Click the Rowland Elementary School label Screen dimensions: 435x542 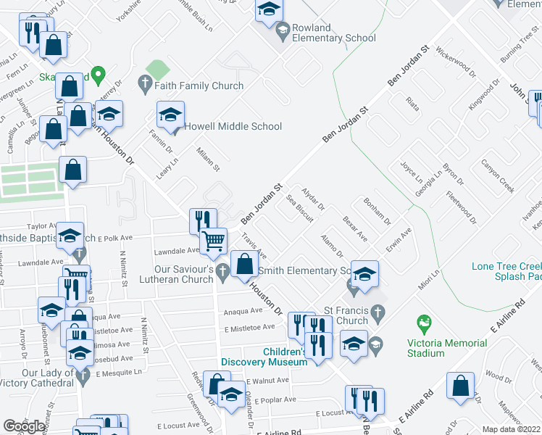(x=334, y=33)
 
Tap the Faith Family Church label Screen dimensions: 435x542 (x=198, y=86)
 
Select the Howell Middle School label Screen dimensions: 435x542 (x=233, y=126)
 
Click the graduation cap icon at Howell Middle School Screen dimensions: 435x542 (x=171, y=115)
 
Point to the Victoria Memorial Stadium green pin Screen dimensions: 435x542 (x=421, y=320)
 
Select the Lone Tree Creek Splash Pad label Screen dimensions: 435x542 (x=506, y=271)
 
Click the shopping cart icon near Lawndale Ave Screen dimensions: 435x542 (x=212, y=239)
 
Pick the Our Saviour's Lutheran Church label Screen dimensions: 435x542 (x=182, y=273)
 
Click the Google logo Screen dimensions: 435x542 (x=25, y=426)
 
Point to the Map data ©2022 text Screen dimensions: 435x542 (x=511, y=429)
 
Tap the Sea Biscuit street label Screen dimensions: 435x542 (x=299, y=207)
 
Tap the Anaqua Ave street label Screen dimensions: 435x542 (x=242, y=311)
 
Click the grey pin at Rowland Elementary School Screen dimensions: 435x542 (x=283, y=28)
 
